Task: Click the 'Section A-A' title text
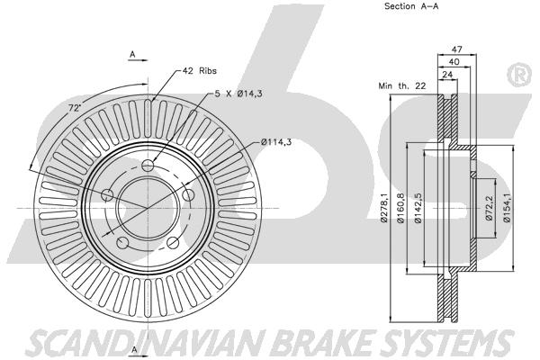(x=411, y=6)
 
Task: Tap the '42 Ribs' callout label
(x=200, y=70)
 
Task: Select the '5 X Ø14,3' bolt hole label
(x=238, y=94)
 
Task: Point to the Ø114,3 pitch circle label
(x=276, y=141)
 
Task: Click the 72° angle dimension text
(x=75, y=108)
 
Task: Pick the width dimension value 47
(x=456, y=49)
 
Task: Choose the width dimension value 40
(x=454, y=62)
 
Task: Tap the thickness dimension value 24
(x=447, y=75)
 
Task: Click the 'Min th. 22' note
(x=402, y=85)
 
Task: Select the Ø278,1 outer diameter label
(x=384, y=208)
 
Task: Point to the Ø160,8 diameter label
(x=400, y=208)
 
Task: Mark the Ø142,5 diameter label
(x=418, y=208)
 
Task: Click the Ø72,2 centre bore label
(x=490, y=208)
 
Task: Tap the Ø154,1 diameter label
(x=507, y=208)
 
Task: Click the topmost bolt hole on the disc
(x=148, y=166)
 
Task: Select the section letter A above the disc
(x=132, y=54)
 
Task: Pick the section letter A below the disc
(x=135, y=350)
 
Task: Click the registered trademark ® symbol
(x=520, y=75)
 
